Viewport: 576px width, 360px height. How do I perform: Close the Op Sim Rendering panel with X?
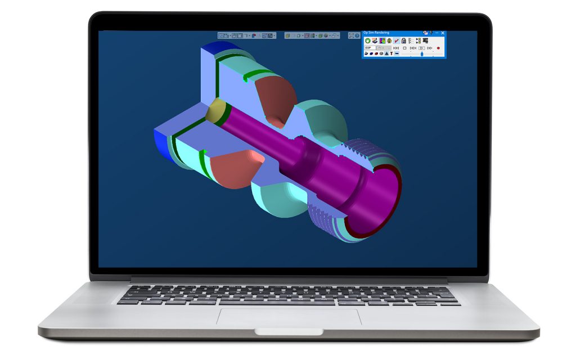[443, 33]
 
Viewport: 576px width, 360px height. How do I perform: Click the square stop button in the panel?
[404, 48]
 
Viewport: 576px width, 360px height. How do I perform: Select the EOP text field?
[370, 48]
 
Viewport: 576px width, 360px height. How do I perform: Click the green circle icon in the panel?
[368, 40]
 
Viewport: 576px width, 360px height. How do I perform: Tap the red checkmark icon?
[397, 40]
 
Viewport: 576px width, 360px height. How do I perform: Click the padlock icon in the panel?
[403, 40]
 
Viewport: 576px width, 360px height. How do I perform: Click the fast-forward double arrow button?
[429, 48]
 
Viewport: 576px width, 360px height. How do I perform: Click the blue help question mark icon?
[357, 35]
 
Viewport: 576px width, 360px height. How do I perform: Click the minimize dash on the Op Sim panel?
[436, 33]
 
